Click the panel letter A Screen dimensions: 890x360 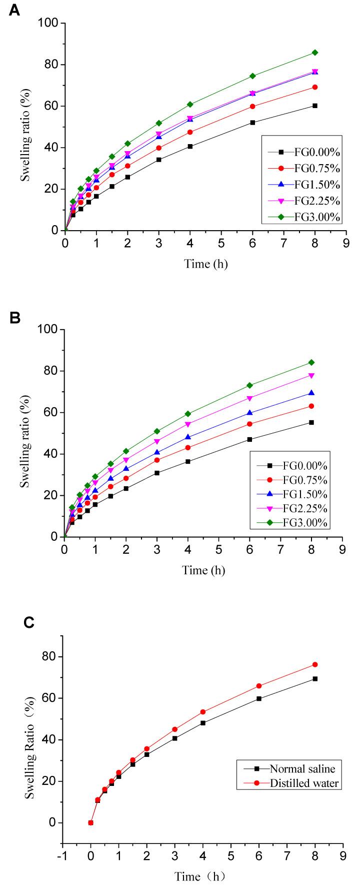click(x=14, y=11)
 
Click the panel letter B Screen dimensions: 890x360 click(x=14, y=318)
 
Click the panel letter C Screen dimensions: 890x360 click(x=29, y=622)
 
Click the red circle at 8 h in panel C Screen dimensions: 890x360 click(x=315, y=664)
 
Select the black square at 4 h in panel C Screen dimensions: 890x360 click(x=203, y=723)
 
